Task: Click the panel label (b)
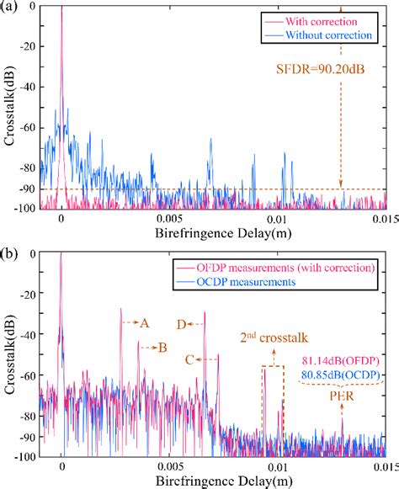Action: click(x=11, y=252)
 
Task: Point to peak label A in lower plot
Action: click(x=145, y=322)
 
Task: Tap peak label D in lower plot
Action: click(x=181, y=322)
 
